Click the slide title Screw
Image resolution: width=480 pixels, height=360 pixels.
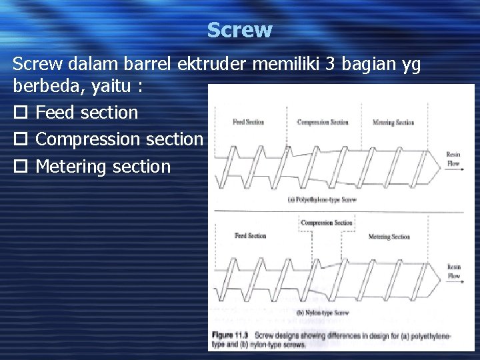(239, 30)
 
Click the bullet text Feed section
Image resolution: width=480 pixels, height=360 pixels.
(87, 113)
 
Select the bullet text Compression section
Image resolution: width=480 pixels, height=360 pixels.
(119, 139)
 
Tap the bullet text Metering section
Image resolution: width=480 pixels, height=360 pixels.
(103, 166)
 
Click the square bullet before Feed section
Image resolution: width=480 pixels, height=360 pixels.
(19, 113)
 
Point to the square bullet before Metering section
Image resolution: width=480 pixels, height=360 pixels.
(19, 167)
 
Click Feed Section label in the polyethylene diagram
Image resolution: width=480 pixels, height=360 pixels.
(248, 122)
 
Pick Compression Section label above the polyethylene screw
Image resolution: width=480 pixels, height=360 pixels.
(323, 122)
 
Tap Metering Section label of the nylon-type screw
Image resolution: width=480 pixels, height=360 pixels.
(389, 237)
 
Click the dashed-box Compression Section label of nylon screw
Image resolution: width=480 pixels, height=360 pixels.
(326, 223)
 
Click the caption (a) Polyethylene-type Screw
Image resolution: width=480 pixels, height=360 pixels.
(322, 199)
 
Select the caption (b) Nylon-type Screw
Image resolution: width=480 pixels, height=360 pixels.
(323, 313)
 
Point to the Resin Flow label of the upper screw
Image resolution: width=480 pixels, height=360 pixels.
(453, 159)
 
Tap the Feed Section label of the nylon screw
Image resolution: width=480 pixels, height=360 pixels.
(250, 236)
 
